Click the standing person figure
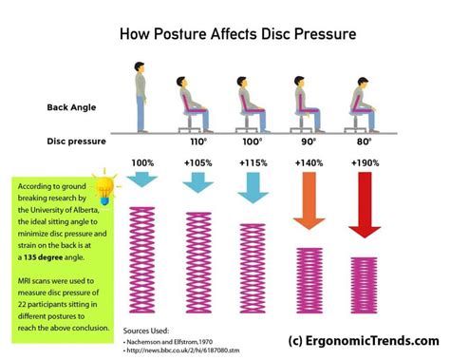tap(141, 96)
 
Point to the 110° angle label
tap(197, 140)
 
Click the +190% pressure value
tap(365, 163)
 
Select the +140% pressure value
tap(309, 163)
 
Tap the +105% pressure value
tap(197, 163)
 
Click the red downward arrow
tap(365, 205)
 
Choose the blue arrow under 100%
tap(141, 179)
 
